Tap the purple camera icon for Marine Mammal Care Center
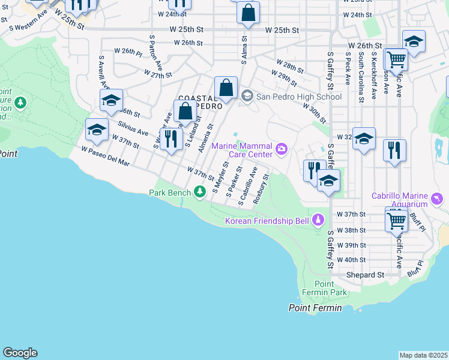click(x=281, y=148)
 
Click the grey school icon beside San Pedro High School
click(x=247, y=96)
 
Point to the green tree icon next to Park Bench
click(x=200, y=192)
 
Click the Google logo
click(x=20, y=352)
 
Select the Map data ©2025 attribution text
click(x=423, y=355)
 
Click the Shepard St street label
click(x=365, y=275)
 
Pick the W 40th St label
click(x=351, y=260)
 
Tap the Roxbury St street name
click(x=260, y=190)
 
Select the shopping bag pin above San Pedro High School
click(x=226, y=89)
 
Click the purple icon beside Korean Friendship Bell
click(x=318, y=221)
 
